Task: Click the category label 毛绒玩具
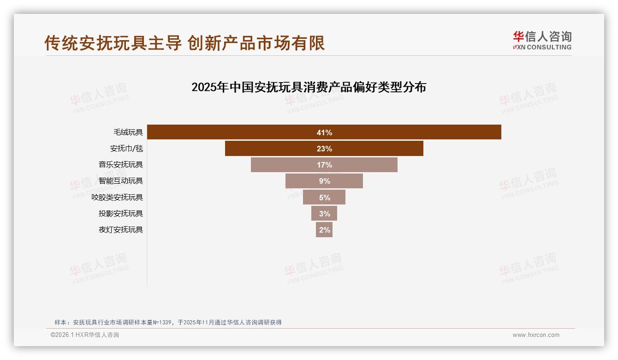pos(128,132)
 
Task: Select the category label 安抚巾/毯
pos(126,149)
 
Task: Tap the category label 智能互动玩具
pos(121,181)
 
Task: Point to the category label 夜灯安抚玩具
pos(121,229)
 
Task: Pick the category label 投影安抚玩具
pos(121,213)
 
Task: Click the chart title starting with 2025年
pos(309,87)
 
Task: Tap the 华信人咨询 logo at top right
pos(542,40)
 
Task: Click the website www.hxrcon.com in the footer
pos(536,335)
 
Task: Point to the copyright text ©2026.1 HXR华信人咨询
pos(85,335)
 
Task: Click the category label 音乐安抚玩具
pos(121,165)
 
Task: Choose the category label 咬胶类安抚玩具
pos(117,198)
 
